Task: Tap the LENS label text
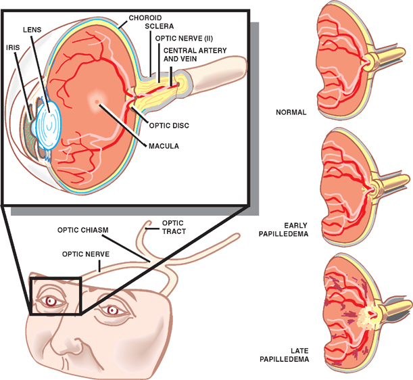(x=32, y=30)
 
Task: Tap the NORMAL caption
(x=291, y=112)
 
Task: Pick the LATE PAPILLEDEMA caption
(x=291, y=355)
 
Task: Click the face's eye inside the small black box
(x=49, y=301)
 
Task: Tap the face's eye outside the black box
(x=112, y=310)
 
